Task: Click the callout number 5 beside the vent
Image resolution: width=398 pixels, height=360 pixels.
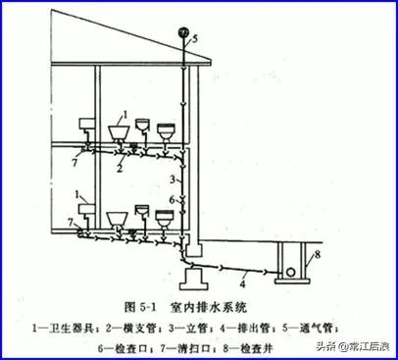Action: click(x=194, y=39)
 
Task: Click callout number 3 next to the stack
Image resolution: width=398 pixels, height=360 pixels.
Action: click(x=173, y=179)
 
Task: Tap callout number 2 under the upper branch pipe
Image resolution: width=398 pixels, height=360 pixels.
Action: click(x=119, y=169)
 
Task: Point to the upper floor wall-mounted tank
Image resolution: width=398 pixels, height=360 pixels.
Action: click(x=82, y=125)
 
